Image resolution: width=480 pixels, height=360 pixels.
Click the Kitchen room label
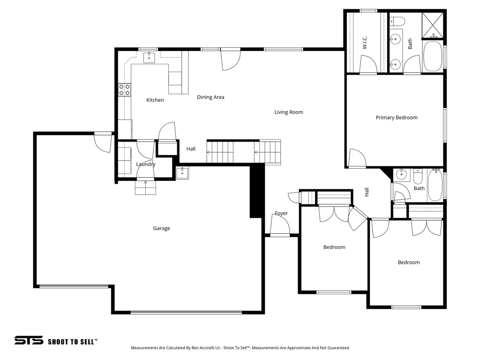(x=155, y=100)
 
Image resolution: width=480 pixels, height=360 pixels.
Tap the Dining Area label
(x=210, y=97)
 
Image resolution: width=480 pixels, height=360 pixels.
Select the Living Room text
(x=289, y=112)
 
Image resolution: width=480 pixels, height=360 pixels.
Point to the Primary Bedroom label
(x=397, y=118)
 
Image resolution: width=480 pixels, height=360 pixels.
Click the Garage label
(x=161, y=228)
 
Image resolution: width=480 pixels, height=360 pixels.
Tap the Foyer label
(x=281, y=213)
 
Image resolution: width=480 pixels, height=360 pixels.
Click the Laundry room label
(x=146, y=164)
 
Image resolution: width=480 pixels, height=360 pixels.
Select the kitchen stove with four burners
(x=125, y=90)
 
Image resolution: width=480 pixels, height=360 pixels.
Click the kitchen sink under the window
(x=150, y=57)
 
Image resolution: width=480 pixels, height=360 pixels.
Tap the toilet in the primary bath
(x=398, y=21)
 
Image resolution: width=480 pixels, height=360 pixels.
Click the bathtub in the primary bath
(x=433, y=57)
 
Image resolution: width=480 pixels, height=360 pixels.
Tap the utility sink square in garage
(x=182, y=172)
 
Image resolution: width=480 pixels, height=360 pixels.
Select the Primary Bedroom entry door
(x=356, y=159)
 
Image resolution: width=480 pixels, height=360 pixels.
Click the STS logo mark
(x=29, y=341)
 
